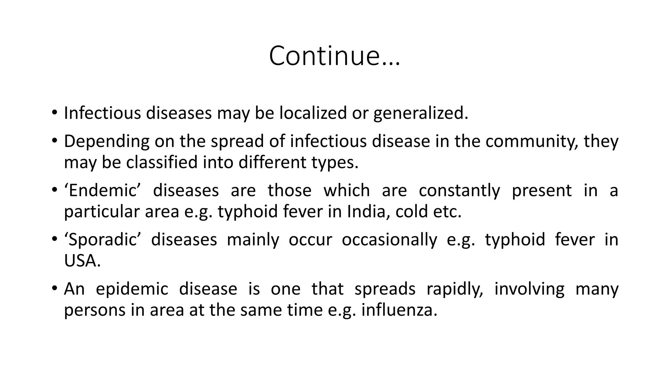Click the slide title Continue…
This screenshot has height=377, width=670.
pos(334,56)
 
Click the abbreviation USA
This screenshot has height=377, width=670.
pos(82,261)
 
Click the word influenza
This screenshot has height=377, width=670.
pos(399,310)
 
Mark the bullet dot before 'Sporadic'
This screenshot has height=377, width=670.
pos(54,239)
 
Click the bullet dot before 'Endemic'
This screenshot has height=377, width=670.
pos(54,190)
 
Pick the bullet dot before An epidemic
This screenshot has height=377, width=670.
pos(54,288)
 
